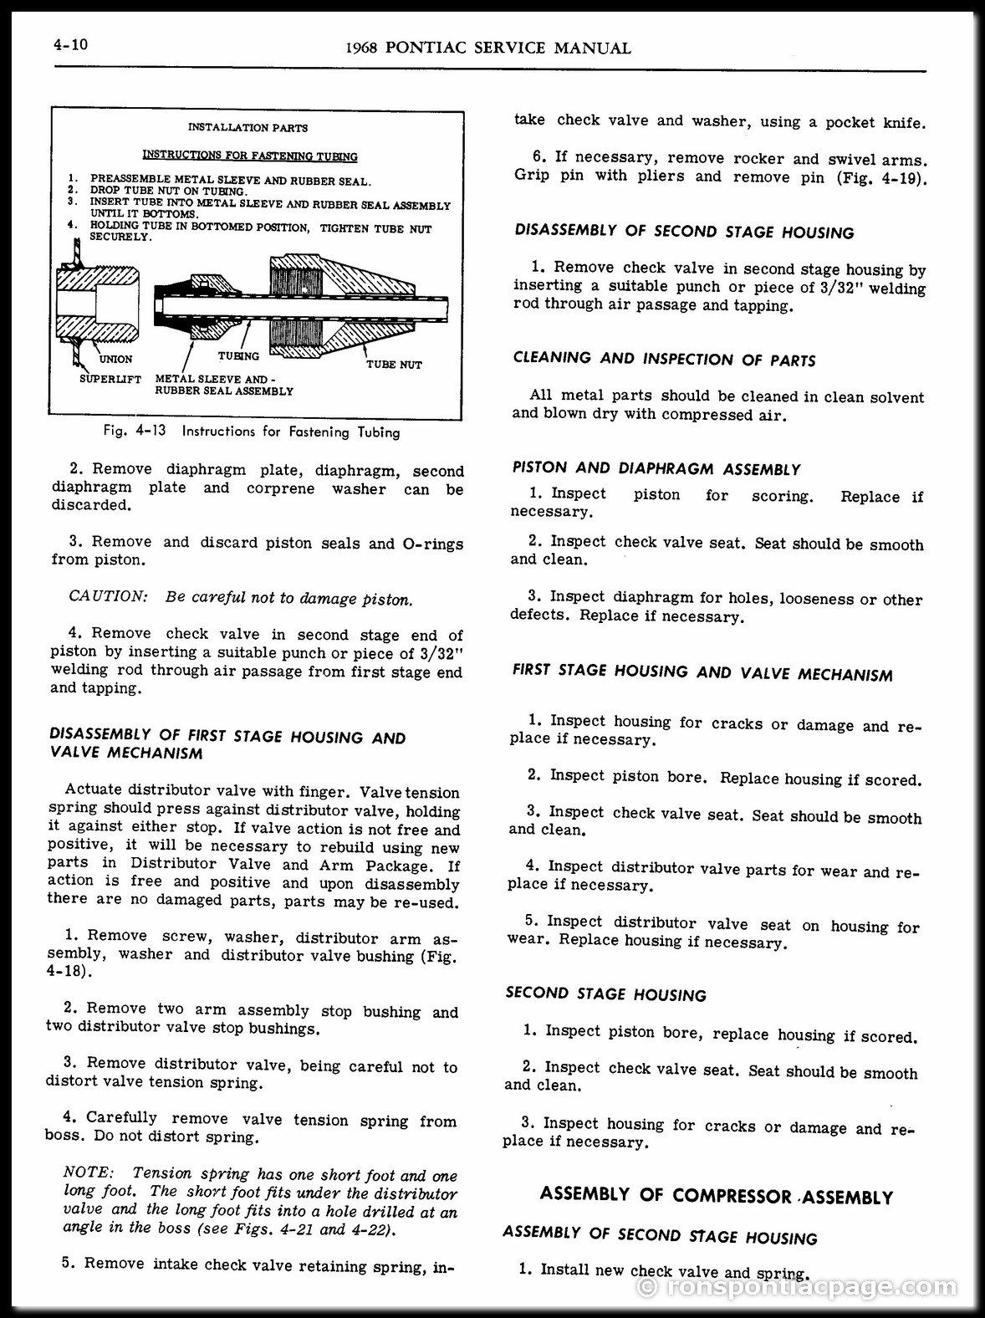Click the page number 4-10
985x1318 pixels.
click(x=69, y=44)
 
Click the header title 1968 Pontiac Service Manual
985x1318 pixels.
click(x=487, y=48)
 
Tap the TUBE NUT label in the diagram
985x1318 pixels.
click(x=394, y=365)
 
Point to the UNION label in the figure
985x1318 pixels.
click(x=115, y=359)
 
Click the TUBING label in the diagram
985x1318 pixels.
click(x=238, y=356)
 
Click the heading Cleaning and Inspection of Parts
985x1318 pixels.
click(x=664, y=360)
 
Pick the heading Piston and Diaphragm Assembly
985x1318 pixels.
click(x=656, y=469)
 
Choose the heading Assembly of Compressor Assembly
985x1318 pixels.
click(x=717, y=1196)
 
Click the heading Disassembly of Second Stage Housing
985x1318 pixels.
click(x=685, y=232)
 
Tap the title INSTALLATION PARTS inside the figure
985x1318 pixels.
click(x=248, y=128)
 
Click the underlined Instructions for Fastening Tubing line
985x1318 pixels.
click(x=250, y=156)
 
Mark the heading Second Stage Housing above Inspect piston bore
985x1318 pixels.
click(x=605, y=994)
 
